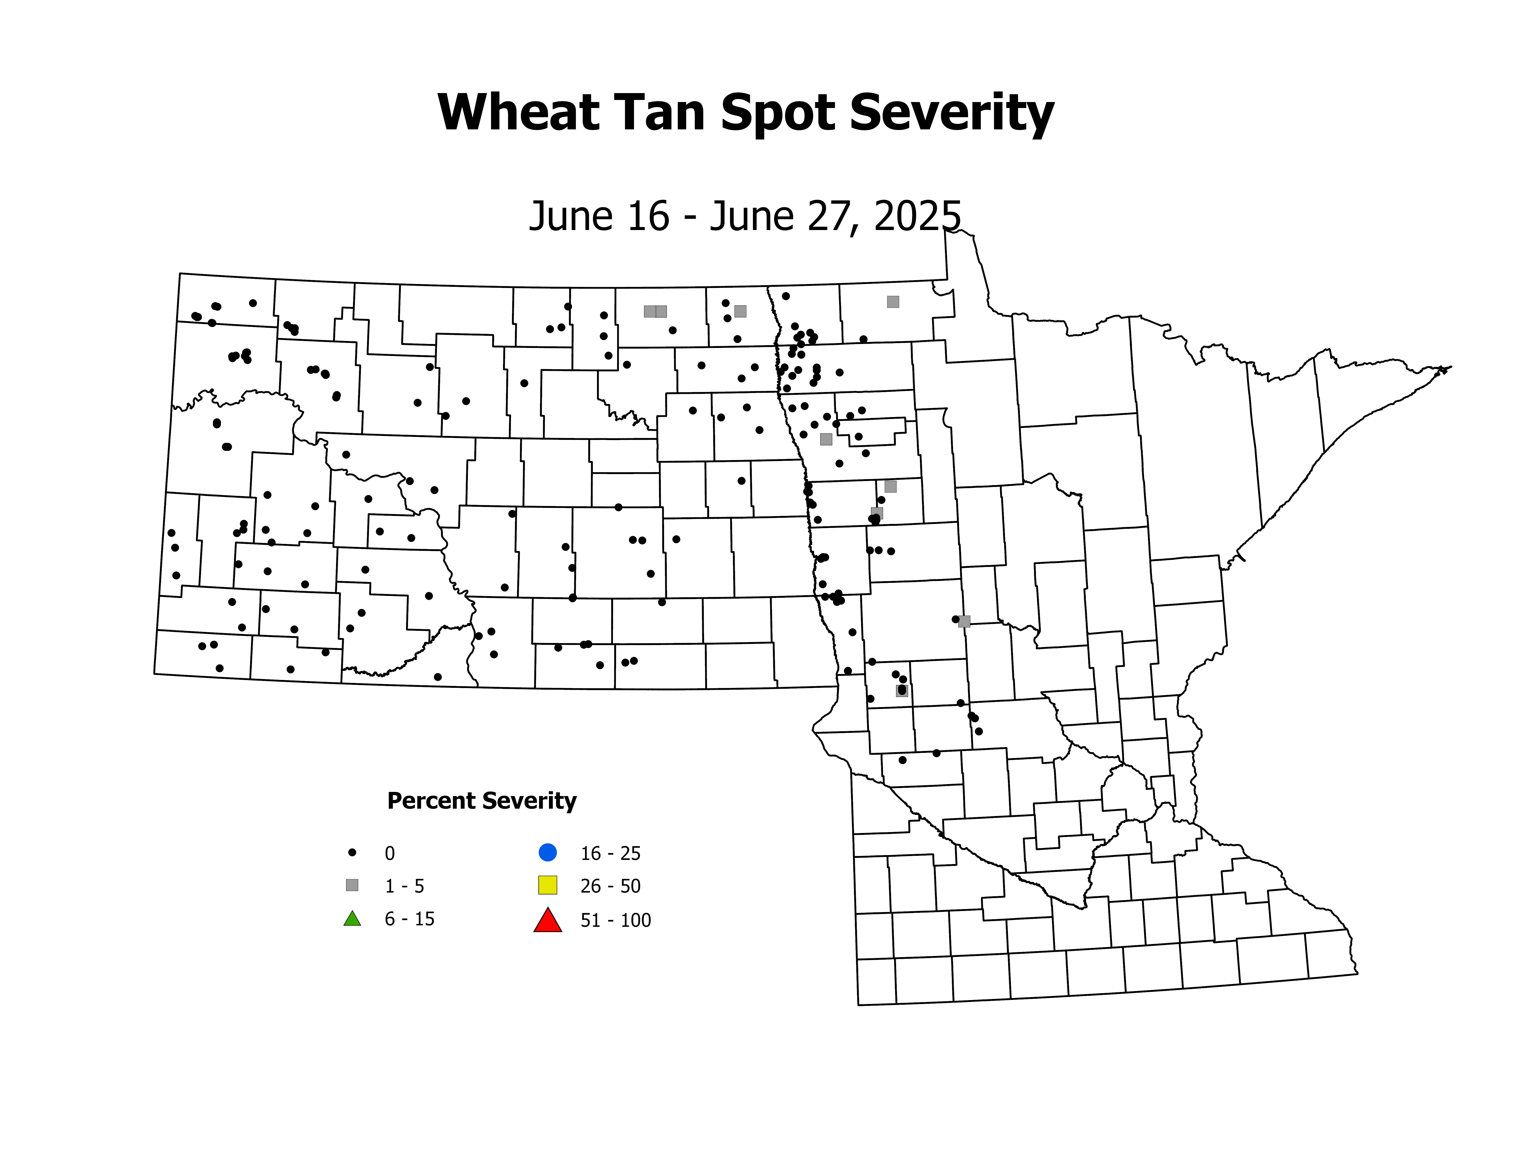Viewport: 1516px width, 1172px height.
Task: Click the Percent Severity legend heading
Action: tap(482, 801)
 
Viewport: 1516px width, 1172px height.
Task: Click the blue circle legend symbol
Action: tap(548, 852)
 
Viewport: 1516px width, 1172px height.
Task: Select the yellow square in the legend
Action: tap(548, 885)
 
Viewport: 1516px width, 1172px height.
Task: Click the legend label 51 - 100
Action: tap(616, 921)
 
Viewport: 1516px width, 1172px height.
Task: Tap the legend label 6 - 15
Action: tap(410, 919)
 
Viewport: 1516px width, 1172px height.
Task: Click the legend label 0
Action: tap(389, 853)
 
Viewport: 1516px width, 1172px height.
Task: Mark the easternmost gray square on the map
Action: tap(964, 621)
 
